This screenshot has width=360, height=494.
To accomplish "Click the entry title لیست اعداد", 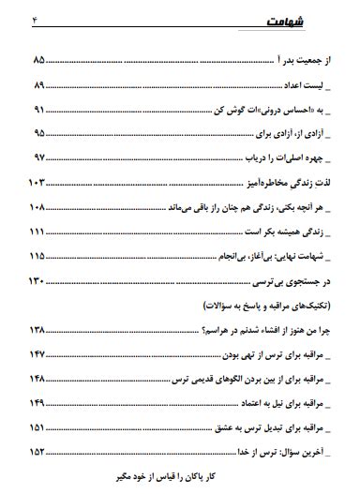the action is tap(310, 85).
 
